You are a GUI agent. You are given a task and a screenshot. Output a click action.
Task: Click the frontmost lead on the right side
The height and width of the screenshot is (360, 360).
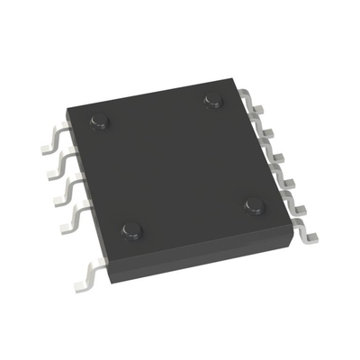pos(306,232)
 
